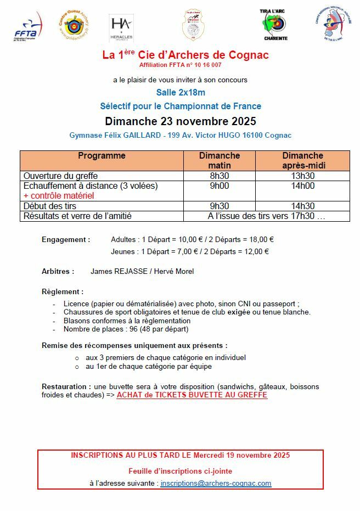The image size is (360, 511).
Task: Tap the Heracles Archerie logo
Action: coord(121,28)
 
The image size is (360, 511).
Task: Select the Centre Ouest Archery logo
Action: coord(73,26)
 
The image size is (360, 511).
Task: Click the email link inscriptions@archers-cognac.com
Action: coord(216,484)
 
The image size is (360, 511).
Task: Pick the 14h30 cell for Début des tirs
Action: coord(302,206)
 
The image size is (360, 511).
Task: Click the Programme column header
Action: coord(102,156)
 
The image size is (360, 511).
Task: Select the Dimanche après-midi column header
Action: coord(302,160)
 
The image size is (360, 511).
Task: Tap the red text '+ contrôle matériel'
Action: coord(59,195)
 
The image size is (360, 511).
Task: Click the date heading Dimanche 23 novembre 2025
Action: coord(180,121)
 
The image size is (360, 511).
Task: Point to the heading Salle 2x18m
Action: coord(180,93)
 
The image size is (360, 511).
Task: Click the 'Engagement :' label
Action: coord(66,239)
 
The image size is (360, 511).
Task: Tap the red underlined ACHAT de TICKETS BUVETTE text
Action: coord(192,395)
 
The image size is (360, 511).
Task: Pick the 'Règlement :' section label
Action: coord(63,291)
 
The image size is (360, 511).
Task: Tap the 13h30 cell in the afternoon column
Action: coord(302,176)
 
